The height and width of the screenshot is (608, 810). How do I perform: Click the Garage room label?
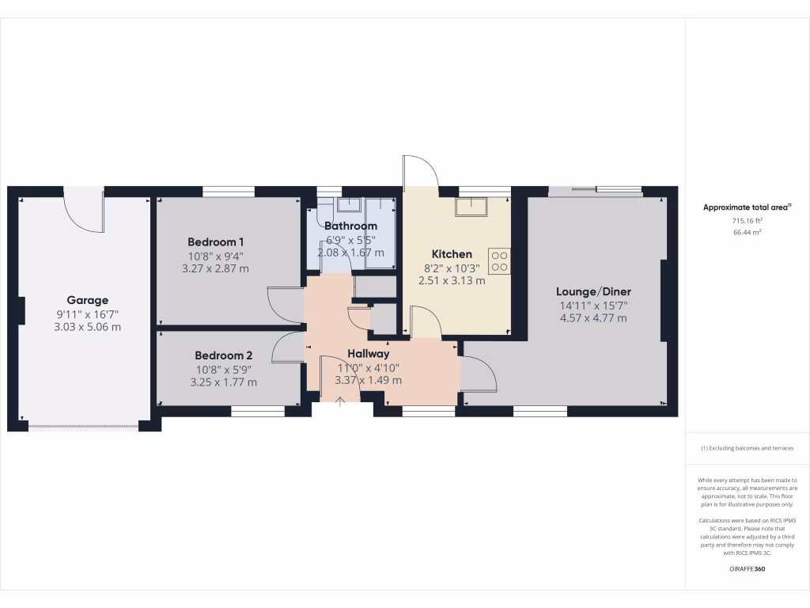[x=88, y=300]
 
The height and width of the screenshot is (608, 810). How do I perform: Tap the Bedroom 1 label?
[x=216, y=241]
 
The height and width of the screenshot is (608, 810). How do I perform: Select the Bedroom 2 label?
[x=224, y=355]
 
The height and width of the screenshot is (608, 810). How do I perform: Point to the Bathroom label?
[x=350, y=226]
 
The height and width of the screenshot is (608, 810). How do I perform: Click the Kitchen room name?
[x=452, y=254]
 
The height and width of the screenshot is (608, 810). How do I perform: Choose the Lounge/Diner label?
[x=593, y=291]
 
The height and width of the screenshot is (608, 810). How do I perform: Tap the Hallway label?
[x=368, y=354]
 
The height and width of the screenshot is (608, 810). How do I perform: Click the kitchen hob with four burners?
[x=499, y=260]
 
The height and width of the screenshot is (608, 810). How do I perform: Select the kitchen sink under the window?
[x=471, y=207]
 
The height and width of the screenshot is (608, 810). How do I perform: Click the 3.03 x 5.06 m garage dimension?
[x=88, y=326]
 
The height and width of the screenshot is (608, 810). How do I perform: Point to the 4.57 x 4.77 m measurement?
[x=593, y=317]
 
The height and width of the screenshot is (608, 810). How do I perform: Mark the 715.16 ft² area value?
[x=747, y=221]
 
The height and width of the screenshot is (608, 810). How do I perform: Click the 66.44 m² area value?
[x=747, y=233]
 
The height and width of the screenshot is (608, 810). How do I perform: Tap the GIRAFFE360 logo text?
[x=747, y=569]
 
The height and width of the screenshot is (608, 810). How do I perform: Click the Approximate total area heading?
[x=746, y=207]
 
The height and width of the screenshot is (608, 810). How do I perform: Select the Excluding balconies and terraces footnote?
[x=747, y=448]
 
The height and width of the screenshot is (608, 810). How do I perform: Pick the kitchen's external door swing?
[x=419, y=173]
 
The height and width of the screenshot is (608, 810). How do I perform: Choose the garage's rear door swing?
[x=85, y=211]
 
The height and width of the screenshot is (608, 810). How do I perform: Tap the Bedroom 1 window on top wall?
[x=229, y=191]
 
